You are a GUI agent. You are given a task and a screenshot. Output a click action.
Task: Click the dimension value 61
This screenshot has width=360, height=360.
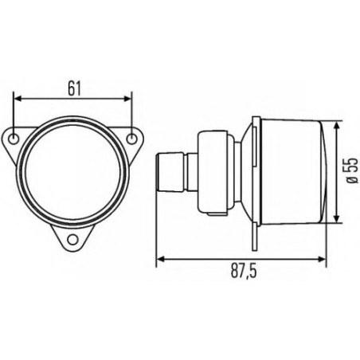73,88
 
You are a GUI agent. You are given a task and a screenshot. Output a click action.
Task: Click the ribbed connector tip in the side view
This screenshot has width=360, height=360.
170,172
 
